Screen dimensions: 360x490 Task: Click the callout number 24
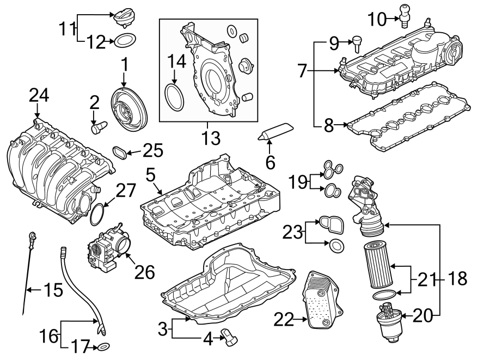click(x=39, y=95)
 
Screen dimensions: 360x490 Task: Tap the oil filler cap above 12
click(x=123, y=18)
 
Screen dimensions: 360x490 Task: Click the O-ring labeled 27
click(x=98, y=214)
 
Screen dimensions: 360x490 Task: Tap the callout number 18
click(x=458, y=279)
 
